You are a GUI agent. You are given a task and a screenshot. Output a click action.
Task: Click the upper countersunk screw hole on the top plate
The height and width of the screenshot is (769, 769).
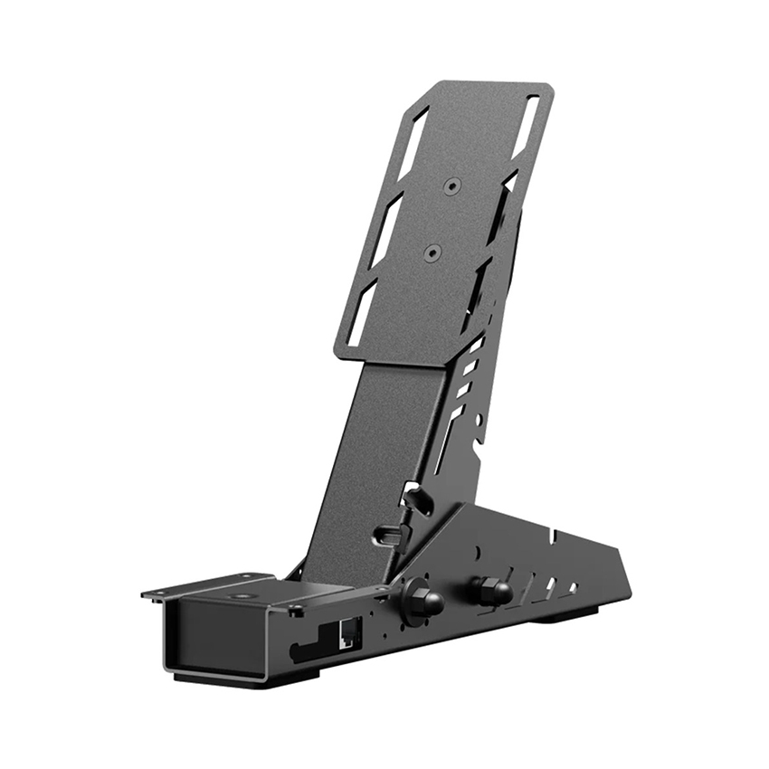[x=451, y=185]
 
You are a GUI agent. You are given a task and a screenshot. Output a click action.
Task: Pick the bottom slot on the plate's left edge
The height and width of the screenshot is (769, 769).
[x=359, y=312]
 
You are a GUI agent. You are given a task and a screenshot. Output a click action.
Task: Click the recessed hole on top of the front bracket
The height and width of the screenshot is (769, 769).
[x=242, y=597]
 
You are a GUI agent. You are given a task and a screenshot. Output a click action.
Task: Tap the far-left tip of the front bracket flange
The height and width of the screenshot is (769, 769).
[x=146, y=594]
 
